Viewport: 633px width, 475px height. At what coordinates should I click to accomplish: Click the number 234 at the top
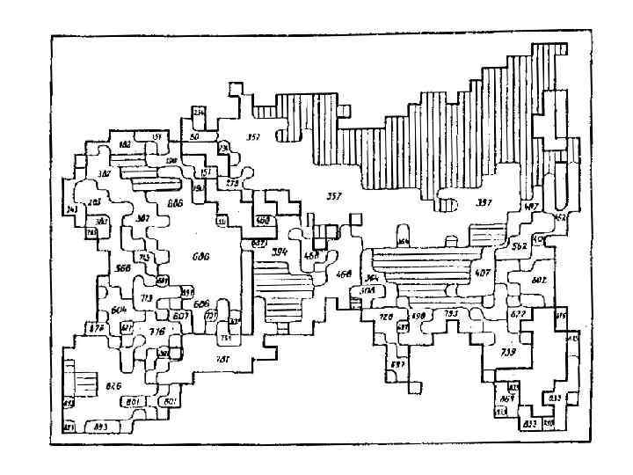tap(199, 112)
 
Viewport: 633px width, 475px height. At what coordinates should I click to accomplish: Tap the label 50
tap(193, 136)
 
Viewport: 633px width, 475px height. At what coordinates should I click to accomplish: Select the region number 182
tap(125, 142)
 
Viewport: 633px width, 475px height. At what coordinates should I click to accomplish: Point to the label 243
tap(72, 209)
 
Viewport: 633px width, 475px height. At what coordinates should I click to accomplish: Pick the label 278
tap(233, 182)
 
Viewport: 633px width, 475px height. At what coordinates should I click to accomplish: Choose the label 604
tap(120, 310)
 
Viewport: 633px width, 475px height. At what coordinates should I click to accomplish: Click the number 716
tap(156, 332)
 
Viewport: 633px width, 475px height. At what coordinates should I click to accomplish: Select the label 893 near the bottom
tap(100, 426)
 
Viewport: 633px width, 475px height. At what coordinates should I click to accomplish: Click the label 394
tap(280, 252)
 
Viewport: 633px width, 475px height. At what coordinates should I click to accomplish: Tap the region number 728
tap(386, 317)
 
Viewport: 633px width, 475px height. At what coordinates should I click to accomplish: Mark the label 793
tap(450, 313)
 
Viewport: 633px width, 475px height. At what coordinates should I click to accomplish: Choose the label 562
tap(519, 247)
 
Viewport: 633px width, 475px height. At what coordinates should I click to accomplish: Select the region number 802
tap(539, 280)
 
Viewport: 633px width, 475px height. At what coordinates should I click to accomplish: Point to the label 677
tap(518, 314)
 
